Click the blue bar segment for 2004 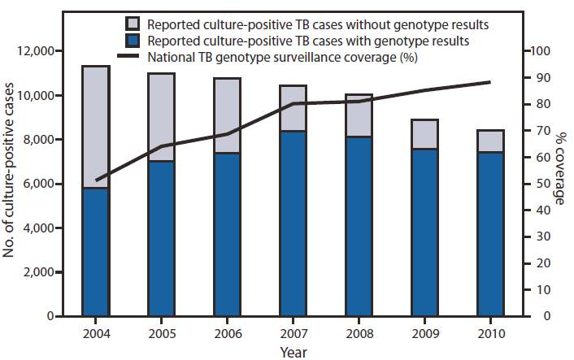pyautogui.click(x=96, y=252)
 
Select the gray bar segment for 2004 pyautogui.click(x=96, y=127)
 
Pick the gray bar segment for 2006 pyautogui.click(x=228, y=115)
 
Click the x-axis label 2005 pyautogui.click(x=162, y=333)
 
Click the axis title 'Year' pyautogui.click(x=294, y=351)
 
